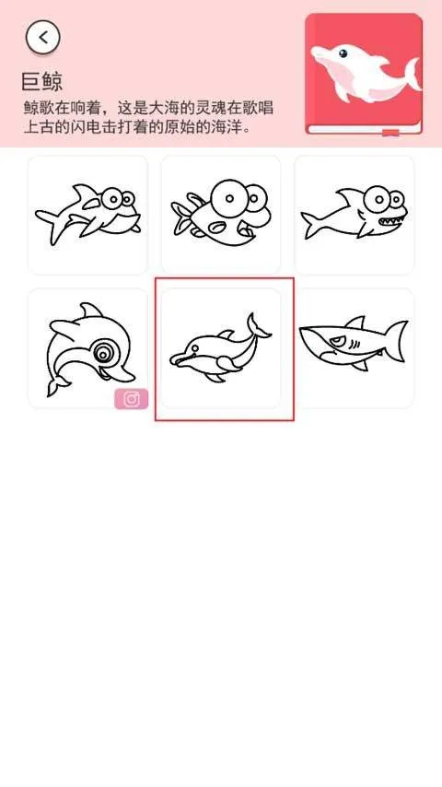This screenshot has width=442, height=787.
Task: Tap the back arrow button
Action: (43, 37)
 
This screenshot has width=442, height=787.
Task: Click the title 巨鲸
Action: (42, 82)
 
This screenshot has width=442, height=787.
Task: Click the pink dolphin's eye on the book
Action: (343, 53)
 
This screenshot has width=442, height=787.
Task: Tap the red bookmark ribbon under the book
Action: (390, 133)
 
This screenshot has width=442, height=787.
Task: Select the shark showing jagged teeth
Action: (355, 213)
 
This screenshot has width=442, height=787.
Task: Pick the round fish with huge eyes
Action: (220, 212)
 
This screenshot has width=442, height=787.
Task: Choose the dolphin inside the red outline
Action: (220, 348)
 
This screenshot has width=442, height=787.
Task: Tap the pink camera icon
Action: (132, 399)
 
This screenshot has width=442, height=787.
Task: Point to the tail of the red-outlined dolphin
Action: (258, 326)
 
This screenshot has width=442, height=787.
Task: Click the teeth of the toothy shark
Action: (390, 221)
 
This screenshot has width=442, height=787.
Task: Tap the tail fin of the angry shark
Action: (397, 340)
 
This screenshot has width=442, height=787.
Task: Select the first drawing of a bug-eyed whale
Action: (87, 215)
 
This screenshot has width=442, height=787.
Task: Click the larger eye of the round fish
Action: (229, 199)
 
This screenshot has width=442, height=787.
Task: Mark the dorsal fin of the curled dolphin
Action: (91, 310)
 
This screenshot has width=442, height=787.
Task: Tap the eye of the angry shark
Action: (335, 342)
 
